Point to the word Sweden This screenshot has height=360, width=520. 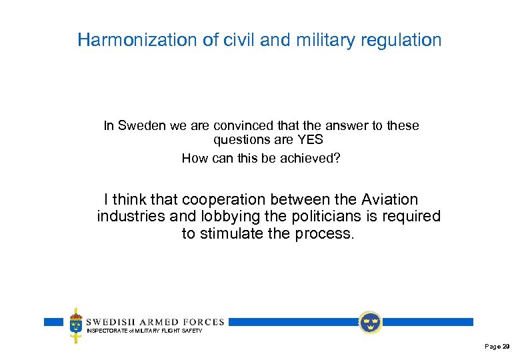click(x=140, y=125)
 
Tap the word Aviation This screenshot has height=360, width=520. click(x=389, y=199)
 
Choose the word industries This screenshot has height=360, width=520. click(x=131, y=217)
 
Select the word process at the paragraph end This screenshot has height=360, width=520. click(x=321, y=234)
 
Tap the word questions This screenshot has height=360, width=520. click(x=241, y=140)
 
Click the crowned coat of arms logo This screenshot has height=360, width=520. click(x=77, y=325)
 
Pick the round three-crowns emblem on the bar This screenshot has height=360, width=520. click(x=369, y=323)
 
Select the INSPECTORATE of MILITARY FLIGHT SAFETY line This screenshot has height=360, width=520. click(x=144, y=331)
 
